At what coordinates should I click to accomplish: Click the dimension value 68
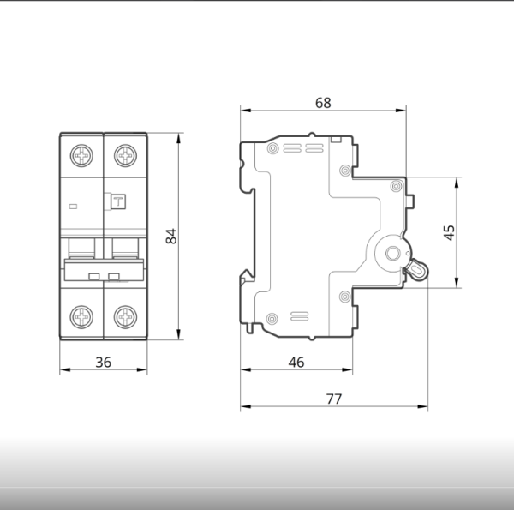click(323, 103)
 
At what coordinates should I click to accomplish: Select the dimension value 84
click(171, 236)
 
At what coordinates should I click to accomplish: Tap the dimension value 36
click(104, 363)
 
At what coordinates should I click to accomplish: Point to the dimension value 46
click(296, 363)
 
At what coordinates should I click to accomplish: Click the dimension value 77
click(334, 399)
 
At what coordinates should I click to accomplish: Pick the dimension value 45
click(449, 232)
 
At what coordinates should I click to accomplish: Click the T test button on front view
click(118, 201)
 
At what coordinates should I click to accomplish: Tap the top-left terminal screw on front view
click(81, 155)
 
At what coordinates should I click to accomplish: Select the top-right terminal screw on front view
click(125, 155)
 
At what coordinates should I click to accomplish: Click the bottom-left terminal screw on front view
click(81, 317)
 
